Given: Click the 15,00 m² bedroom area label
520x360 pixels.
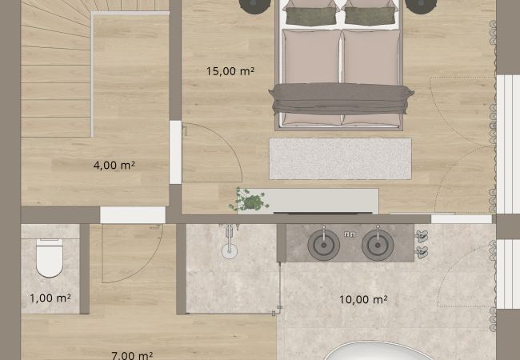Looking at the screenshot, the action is (230, 71).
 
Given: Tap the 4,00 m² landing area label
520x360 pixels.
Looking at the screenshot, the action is (114, 165).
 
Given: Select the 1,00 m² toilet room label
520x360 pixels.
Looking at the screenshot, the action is (50, 298).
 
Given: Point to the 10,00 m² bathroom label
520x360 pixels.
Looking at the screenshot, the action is (363, 300).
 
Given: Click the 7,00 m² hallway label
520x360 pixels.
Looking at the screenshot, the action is (132, 356).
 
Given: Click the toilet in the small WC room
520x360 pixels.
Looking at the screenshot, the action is (50, 258).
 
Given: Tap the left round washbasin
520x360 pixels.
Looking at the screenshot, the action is (324, 245).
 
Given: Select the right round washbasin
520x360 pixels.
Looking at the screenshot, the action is (378, 245).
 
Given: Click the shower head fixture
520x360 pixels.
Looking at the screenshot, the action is (230, 242).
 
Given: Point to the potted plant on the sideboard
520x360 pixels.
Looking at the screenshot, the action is (250, 200).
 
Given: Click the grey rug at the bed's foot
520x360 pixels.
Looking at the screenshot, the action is (340, 158).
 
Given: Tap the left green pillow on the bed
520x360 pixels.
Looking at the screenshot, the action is (311, 16).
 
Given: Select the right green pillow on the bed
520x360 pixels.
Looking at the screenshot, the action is (370, 16).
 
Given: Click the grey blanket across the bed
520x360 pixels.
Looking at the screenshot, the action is (342, 98).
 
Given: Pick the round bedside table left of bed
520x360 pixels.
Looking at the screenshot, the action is (254, 6).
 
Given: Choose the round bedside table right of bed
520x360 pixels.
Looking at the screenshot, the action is (421, 6).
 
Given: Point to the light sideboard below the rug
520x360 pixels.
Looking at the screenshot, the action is (309, 202).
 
